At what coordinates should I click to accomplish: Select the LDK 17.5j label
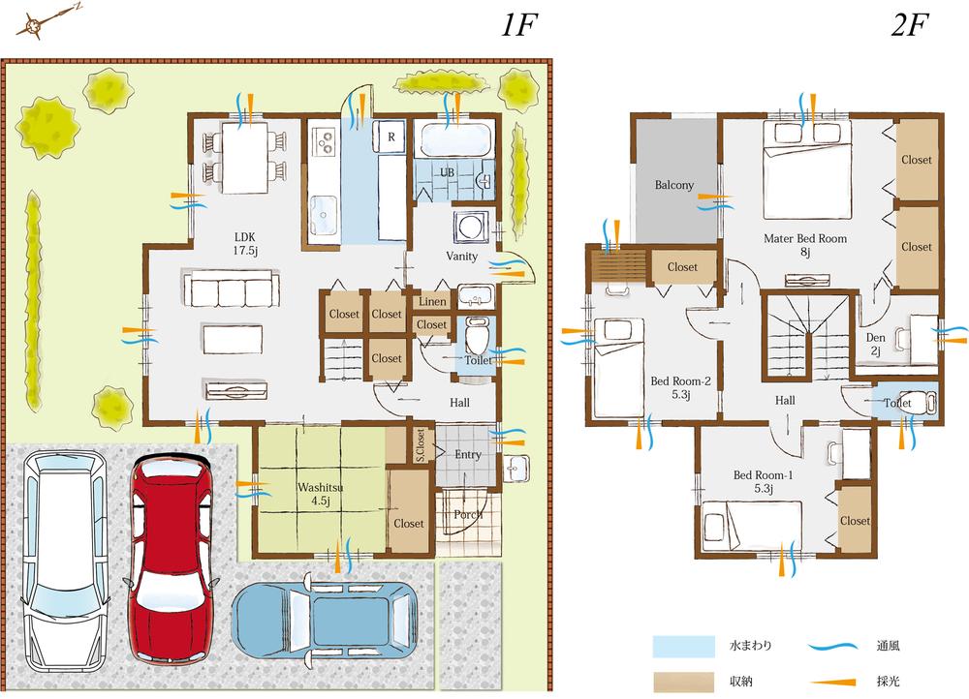click(244, 243)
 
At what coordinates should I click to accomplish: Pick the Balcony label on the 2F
click(673, 185)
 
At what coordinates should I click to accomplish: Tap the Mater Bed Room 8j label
click(804, 245)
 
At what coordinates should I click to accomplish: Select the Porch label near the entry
click(468, 514)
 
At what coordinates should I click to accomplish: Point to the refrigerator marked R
click(391, 136)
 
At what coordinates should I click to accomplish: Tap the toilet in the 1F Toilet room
click(476, 340)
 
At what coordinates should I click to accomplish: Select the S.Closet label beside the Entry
click(421, 445)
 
